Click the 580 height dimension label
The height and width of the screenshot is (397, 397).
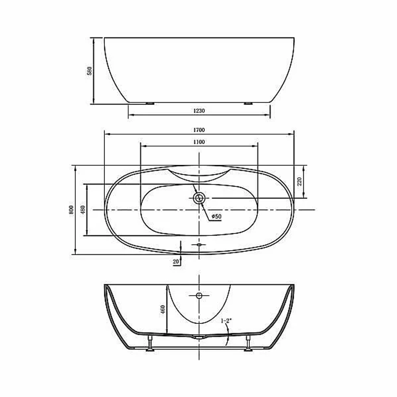click(x=89, y=71)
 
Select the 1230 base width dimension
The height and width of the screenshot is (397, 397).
click(x=199, y=111)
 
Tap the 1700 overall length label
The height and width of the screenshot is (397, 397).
click(x=199, y=130)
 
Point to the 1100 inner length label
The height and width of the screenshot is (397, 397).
click(x=199, y=142)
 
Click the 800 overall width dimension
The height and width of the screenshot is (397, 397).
click(x=71, y=210)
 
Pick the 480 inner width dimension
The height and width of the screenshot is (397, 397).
click(x=83, y=210)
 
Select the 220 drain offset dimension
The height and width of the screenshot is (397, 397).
click(x=299, y=181)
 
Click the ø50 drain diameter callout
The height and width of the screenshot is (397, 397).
click(x=216, y=216)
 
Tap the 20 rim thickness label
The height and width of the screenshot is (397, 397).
click(x=176, y=262)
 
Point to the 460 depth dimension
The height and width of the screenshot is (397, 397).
click(x=163, y=310)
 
